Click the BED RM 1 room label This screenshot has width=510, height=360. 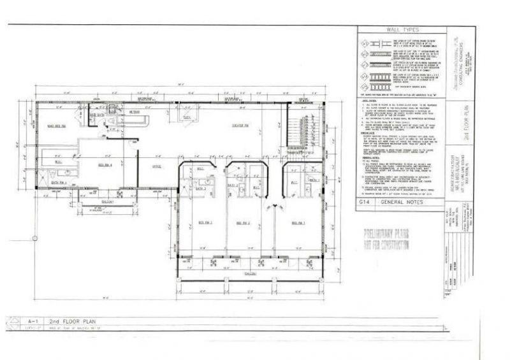click(298, 222)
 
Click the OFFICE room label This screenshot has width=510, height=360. click(156, 167)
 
